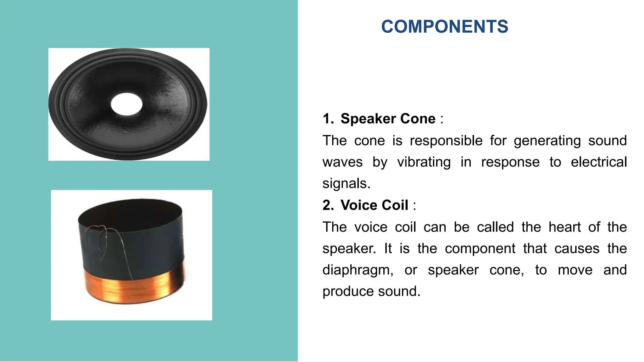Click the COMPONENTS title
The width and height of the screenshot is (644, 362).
445,26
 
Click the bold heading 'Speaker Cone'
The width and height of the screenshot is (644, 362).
388,119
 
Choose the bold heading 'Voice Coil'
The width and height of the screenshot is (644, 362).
375,205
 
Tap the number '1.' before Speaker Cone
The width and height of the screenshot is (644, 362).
328,119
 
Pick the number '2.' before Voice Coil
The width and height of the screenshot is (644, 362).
328,205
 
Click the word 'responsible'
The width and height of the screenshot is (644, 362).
446,141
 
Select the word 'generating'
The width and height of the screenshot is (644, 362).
547,141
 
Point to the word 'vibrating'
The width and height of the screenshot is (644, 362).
424,162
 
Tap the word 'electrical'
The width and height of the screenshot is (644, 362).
599,162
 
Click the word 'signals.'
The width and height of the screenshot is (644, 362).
347,184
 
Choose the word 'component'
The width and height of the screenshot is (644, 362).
480,249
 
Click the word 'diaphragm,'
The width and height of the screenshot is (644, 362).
358,270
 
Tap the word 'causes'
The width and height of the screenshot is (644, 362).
577,249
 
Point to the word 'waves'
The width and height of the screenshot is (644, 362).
342,162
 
